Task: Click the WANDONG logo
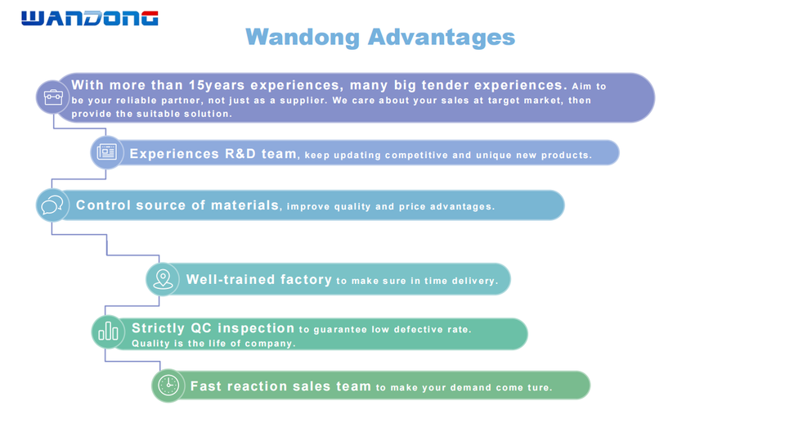[x=90, y=18]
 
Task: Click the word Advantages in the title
[x=441, y=38]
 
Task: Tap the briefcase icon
[x=53, y=97]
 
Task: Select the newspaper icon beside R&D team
[x=106, y=151]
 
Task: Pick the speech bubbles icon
[x=52, y=205]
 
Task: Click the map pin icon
[x=163, y=279]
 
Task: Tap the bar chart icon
[x=108, y=331]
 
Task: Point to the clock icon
[x=168, y=386]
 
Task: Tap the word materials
[x=244, y=205]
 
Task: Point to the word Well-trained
[x=231, y=279]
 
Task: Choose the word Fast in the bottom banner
[x=206, y=386]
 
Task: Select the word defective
[x=418, y=329]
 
